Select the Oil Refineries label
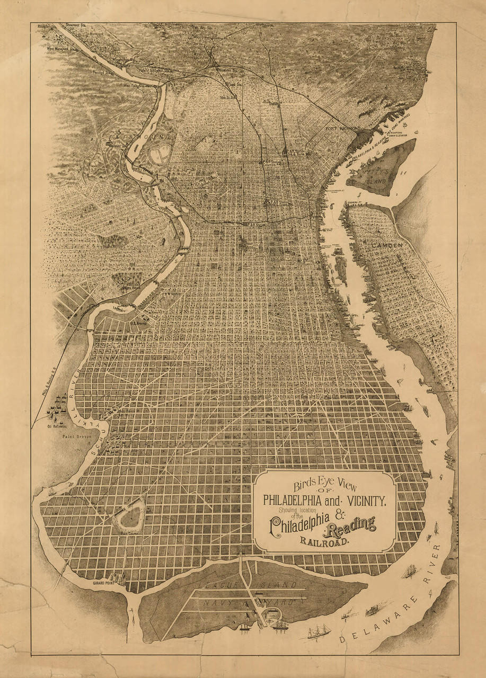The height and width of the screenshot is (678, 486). (58, 425)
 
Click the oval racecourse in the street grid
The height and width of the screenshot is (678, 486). (128, 514)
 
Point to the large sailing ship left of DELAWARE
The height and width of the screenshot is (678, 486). (318, 631)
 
